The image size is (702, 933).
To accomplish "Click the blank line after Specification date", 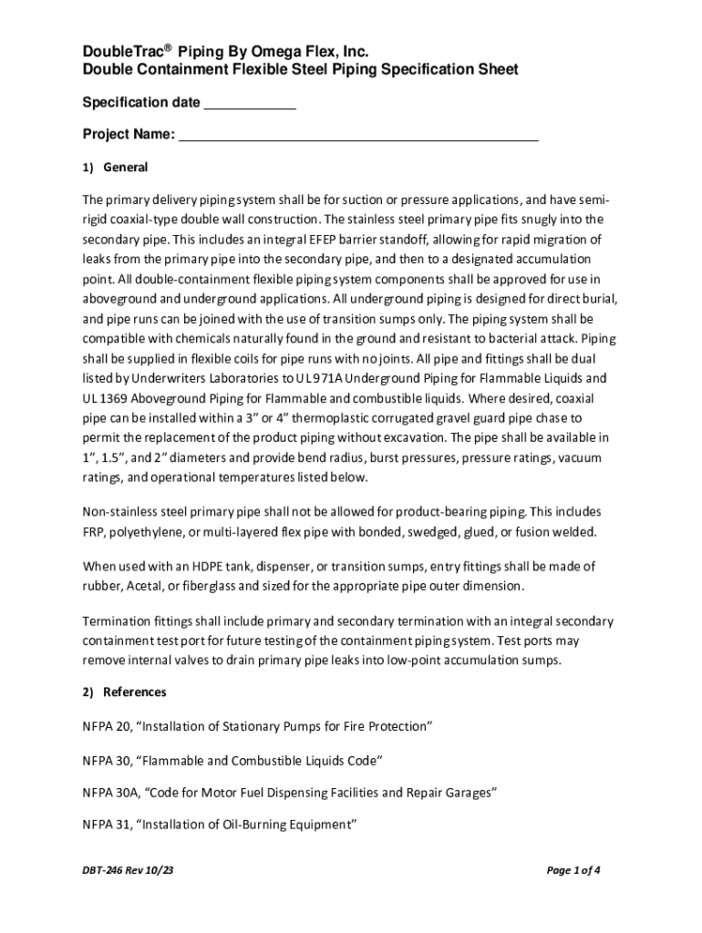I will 249,103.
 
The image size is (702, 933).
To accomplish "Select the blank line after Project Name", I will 358,136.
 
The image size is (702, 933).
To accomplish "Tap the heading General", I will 126,168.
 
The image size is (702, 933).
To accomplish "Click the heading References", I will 135,692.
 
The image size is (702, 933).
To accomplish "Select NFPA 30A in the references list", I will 110,792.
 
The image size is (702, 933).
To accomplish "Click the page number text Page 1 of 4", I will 573,870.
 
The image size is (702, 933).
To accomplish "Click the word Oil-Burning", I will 253,825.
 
